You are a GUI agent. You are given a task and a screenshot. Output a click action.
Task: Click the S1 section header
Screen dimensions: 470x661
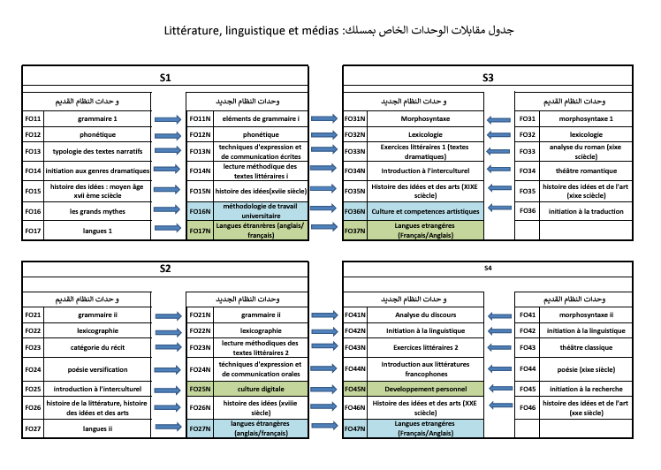(165, 78)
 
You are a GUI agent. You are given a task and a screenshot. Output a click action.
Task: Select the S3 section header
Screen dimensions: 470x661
(488, 78)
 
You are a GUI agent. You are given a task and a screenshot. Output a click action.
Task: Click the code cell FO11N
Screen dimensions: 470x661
(200, 118)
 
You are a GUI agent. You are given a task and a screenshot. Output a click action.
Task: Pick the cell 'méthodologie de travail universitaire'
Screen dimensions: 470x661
(262, 210)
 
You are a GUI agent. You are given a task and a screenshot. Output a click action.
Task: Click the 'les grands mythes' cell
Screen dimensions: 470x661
(96, 211)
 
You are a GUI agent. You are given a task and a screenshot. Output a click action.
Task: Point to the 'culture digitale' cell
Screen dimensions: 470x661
(262, 389)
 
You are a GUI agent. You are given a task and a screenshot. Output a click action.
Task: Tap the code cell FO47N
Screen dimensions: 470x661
(355, 428)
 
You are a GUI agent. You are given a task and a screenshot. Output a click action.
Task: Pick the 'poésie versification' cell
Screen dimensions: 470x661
(96, 369)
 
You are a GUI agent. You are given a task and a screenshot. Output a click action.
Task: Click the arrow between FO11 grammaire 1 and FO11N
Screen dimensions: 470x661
(166, 118)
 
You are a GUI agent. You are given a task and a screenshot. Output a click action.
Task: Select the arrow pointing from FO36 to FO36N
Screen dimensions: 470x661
(500, 211)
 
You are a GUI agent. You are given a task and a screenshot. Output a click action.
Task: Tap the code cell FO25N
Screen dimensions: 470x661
(200, 389)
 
